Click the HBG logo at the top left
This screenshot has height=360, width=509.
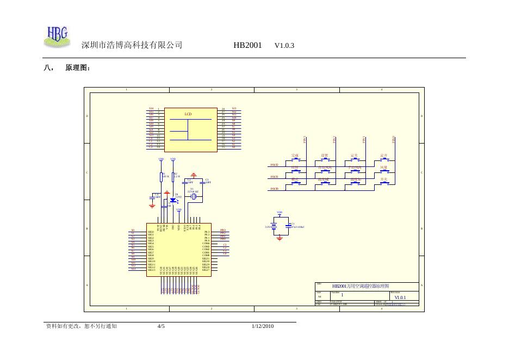coord(57,35)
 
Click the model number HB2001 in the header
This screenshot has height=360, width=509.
coord(248,46)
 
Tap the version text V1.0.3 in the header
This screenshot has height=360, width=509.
coord(284,46)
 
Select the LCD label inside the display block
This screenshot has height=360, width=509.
coord(188,114)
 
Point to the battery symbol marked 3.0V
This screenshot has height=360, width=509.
coord(275,227)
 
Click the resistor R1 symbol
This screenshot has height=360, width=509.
coord(162,176)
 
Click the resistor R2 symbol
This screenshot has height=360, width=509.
coord(173,176)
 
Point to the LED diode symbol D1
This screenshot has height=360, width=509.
coord(173,200)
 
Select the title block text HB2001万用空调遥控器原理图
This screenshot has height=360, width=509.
coord(361,286)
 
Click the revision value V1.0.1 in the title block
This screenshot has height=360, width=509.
coord(400,297)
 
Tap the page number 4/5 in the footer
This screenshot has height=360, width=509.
coord(161,326)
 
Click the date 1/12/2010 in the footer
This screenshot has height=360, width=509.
coord(263,326)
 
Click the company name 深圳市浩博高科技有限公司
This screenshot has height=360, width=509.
coord(132,46)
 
